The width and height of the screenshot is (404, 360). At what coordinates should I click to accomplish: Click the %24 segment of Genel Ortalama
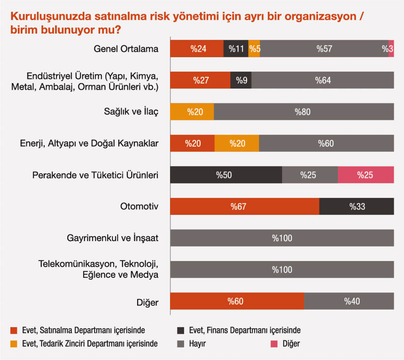click(197, 49)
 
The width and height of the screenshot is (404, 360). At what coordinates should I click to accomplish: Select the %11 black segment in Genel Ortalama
click(236, 49)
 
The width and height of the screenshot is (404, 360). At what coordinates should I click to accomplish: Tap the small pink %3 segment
click(391, 49)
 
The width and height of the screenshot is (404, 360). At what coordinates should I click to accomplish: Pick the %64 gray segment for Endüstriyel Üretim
click(322, 80)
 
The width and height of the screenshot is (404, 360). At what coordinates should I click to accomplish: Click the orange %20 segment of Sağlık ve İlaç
click(192, 112)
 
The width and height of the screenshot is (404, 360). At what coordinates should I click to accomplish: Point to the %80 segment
click(304, 112)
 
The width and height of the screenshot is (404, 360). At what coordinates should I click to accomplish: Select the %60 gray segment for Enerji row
click(326, 144)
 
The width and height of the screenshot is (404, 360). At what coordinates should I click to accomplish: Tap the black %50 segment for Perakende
click(226, 175)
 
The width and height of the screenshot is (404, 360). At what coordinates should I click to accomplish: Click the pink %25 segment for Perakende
click(365, 175)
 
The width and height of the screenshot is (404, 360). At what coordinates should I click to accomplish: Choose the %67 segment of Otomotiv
click(245, 206)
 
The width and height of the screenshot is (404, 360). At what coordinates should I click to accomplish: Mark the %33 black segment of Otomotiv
click(357, 206)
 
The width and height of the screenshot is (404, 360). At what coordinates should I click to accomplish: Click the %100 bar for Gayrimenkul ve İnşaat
click(282, 238)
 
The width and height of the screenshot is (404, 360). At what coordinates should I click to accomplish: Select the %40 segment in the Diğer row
click(349, 301)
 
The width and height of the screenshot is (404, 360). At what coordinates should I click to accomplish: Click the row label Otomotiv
click(139, 207)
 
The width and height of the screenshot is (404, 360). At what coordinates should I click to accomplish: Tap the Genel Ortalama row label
click(126, 49)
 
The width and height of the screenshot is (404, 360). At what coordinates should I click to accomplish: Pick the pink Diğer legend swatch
click(274, 344)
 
